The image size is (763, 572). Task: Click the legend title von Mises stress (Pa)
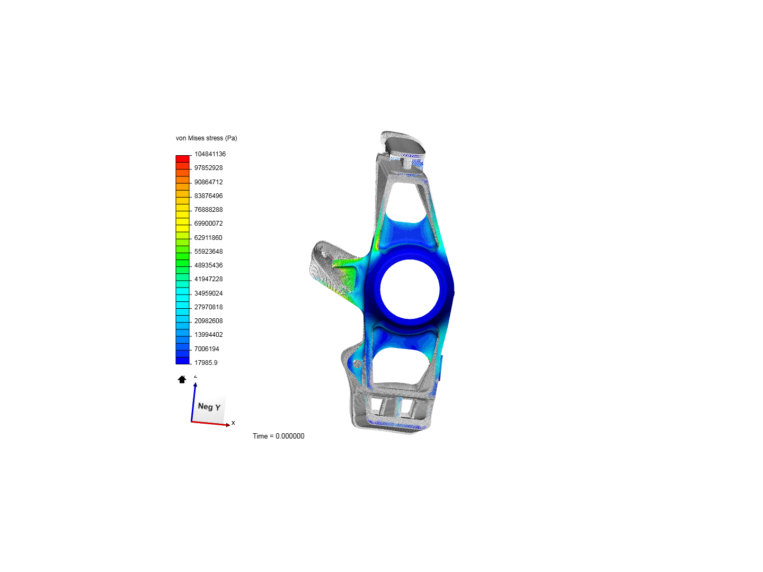point(206,138)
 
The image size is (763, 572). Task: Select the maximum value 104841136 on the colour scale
point(210,154)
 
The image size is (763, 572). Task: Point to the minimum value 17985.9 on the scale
point(206,363)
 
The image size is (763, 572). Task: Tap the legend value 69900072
point(208,224)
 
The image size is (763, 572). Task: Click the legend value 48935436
point(208,265)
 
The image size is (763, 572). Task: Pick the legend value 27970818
point(208,307)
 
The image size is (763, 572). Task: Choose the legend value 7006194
point(207,349)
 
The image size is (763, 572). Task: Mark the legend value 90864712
point(208,182)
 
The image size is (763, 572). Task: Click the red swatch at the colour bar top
point(182,158)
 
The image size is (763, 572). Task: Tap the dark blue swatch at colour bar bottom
point(182,361)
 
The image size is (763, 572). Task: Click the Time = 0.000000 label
point(278,436)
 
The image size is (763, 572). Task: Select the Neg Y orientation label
point(209,407)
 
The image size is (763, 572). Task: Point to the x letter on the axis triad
point(233,423)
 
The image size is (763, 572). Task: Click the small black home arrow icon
point(182,379)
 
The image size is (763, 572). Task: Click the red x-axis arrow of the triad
point(212,423)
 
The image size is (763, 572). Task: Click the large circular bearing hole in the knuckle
point(410,289)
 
